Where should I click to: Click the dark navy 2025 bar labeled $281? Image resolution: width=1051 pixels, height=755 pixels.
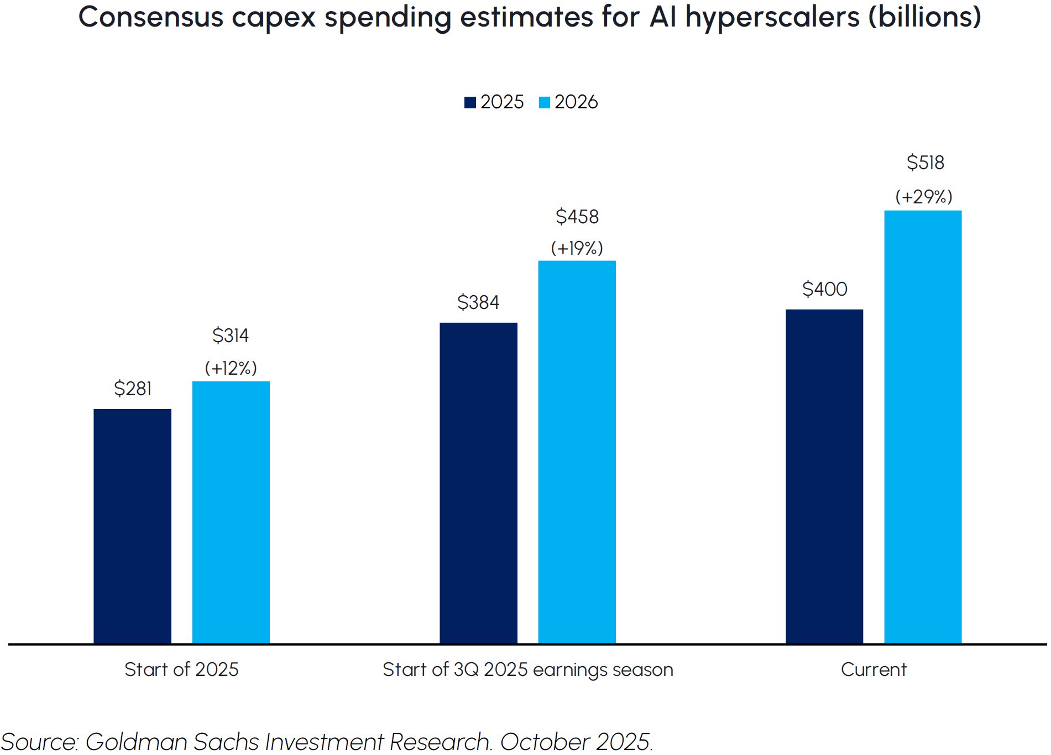[132, 526]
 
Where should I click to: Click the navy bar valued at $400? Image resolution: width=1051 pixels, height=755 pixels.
[824, 476]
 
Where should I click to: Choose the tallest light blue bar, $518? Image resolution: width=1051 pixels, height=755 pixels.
[922, 426]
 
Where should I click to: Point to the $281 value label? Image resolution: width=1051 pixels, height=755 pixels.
[133, 389]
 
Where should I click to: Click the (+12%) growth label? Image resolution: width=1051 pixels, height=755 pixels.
[231, 368]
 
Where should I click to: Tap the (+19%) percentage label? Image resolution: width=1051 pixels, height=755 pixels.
[577, 248]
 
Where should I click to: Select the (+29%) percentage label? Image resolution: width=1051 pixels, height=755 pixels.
[923, 197]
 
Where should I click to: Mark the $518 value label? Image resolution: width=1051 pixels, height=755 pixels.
[925, 162]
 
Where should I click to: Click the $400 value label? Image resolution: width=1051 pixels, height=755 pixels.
[824, 289]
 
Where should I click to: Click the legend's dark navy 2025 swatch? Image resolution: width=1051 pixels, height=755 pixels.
[470, 103]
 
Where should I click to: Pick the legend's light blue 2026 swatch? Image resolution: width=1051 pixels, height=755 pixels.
[545, 103]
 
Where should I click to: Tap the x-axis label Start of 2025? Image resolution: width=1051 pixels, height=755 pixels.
[181, 669]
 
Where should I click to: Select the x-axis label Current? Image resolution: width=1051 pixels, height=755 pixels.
[874, 669]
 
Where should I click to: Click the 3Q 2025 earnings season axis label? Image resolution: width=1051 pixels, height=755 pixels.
[527, 669]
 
